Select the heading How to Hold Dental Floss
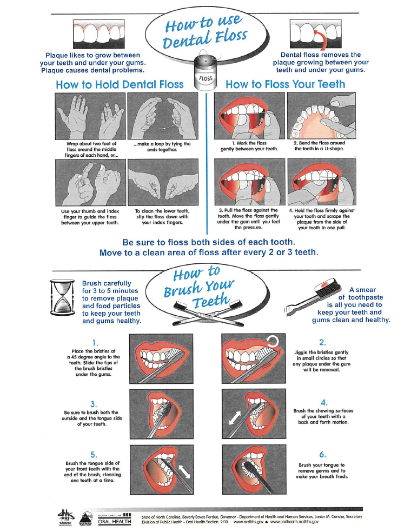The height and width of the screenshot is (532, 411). pos(120,84)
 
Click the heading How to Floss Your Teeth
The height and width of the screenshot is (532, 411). pos(286,84)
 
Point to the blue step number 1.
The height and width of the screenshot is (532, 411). pos(95,343)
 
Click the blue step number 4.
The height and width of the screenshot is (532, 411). pos(324,403)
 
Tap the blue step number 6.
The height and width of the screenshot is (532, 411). pos(322,455)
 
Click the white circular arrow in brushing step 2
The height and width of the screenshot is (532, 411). pos(273,341)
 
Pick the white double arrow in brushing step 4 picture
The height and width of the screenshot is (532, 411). pos(235,418)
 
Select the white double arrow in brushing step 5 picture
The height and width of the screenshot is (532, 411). pos(184,471)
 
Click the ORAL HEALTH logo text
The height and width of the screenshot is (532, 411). pos(114,522)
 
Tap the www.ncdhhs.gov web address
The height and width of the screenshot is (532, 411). pos(248,522)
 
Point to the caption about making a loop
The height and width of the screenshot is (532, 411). pos(162,147)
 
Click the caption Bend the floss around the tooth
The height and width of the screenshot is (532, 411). pos(319,146)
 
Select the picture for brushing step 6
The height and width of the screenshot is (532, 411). pos(254,469)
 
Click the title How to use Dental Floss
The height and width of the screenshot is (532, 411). pos(205,32)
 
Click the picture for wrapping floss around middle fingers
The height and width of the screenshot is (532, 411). pos(90,116)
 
